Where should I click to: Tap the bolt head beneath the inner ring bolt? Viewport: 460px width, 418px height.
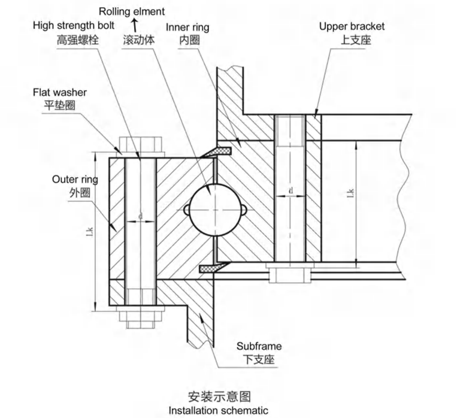pos(290,275)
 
